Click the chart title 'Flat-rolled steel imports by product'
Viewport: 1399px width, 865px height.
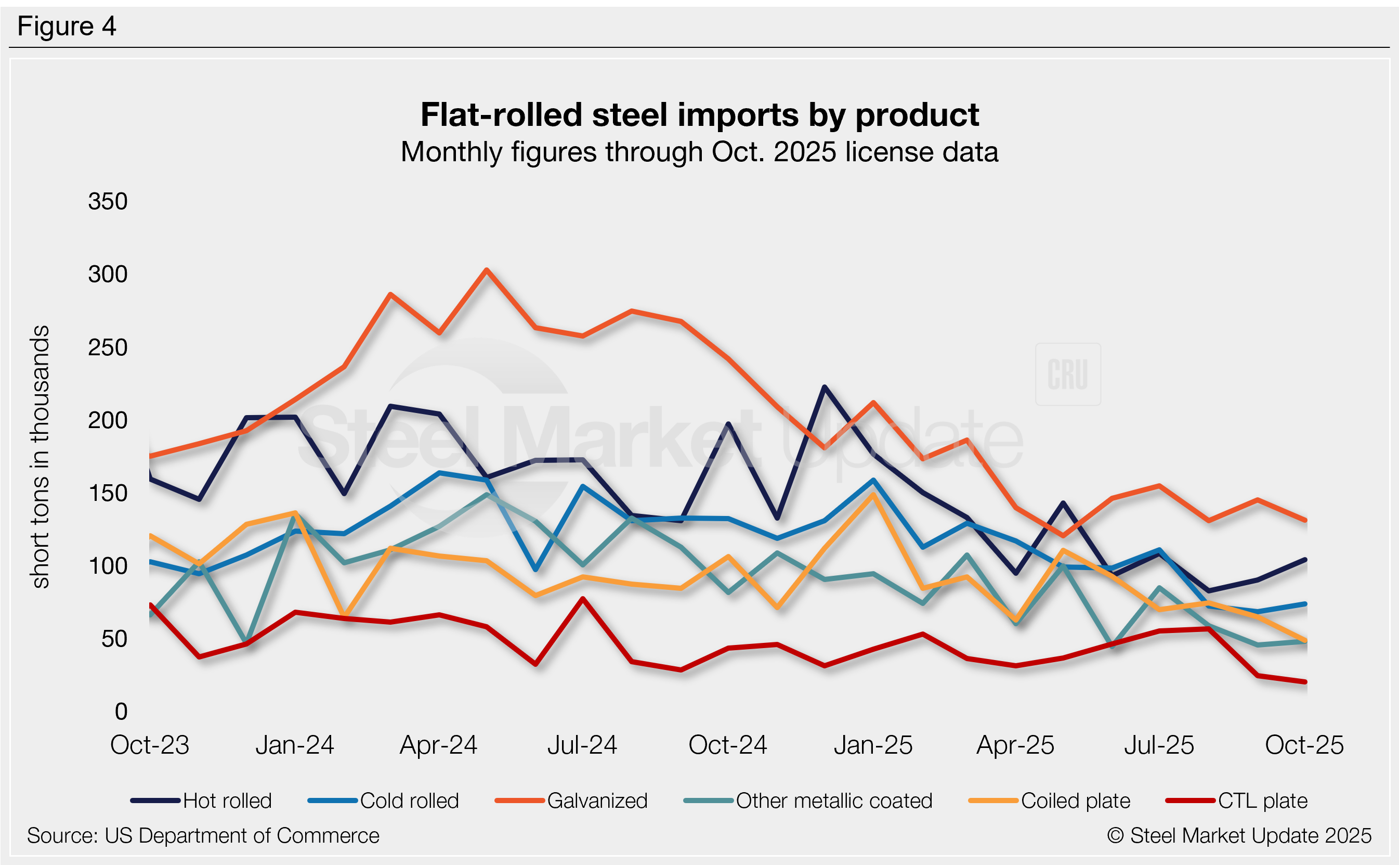pos(699,115)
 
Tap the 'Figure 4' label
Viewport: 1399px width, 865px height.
pos(67,27)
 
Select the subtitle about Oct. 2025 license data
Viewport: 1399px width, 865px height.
pos(699,152)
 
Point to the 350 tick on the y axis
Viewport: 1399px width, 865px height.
pos(108,201)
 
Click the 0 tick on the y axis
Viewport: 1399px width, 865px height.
pos(121,712)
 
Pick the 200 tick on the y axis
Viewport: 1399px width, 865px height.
pos(108,420)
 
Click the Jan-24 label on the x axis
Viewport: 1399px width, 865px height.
pos(294,745)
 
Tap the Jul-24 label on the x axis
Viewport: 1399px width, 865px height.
pos(582,745)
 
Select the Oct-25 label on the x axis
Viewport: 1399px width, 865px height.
pos(1304,745)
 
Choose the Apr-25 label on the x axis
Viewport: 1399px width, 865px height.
pos(1015,745)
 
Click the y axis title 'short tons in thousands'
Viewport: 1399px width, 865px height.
pos(41,457)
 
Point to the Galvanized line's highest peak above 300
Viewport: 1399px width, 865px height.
pos(487,269)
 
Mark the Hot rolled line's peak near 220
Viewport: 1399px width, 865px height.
pos(824,388)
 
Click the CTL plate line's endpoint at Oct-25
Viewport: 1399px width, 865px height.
pos(1305,682)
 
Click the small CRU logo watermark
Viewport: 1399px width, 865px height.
pos(1067,374)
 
